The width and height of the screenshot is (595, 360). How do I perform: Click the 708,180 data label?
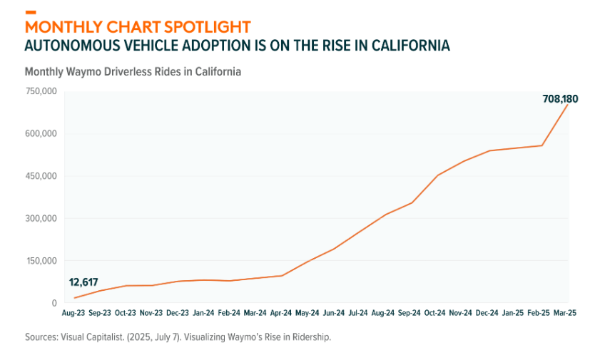click(560, 99)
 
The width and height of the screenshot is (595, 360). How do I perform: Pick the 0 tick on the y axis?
click(54, 303)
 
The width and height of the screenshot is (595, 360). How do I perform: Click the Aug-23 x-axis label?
click(73, 313)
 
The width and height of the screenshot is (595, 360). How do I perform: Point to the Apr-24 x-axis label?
click(282, 313)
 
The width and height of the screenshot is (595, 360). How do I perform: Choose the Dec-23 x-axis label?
click(178, 313)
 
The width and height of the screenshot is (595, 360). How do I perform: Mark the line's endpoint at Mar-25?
click(568, 104)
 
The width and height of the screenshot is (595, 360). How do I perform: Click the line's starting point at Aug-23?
click(74, 298)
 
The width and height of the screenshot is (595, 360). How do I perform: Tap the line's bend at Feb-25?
click(542, 145)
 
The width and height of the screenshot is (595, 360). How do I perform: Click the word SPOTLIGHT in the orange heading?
click(207, 27)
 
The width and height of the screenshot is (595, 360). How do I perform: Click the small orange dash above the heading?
click(30, 12)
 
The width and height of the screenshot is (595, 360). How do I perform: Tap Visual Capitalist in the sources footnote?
click(88, 336)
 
